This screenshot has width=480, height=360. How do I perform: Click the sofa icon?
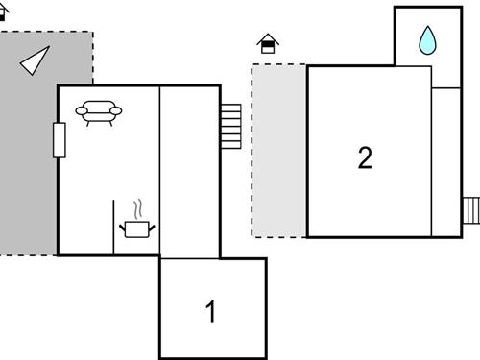pyautogui.click(x=100, y=113)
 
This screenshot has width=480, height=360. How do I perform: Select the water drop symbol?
pyautogui.click(x=426, y=40)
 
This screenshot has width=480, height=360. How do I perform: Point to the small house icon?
pyautogui.click(x=268, y=43)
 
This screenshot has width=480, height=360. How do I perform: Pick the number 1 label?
pyautogui.click(x=211, y=312)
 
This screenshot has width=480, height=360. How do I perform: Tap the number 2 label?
pyautogui.click(x=365, y=157)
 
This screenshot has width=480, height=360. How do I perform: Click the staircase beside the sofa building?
pyautogui.click(x=230, y=126)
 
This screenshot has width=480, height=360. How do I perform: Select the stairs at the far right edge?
pyautogui.click(x=470, y=209)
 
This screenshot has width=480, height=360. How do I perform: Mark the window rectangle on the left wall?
pyautogui.click(x=59, y=140)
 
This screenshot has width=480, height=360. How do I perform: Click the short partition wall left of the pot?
pyautogui.click(x=113, y=228)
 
